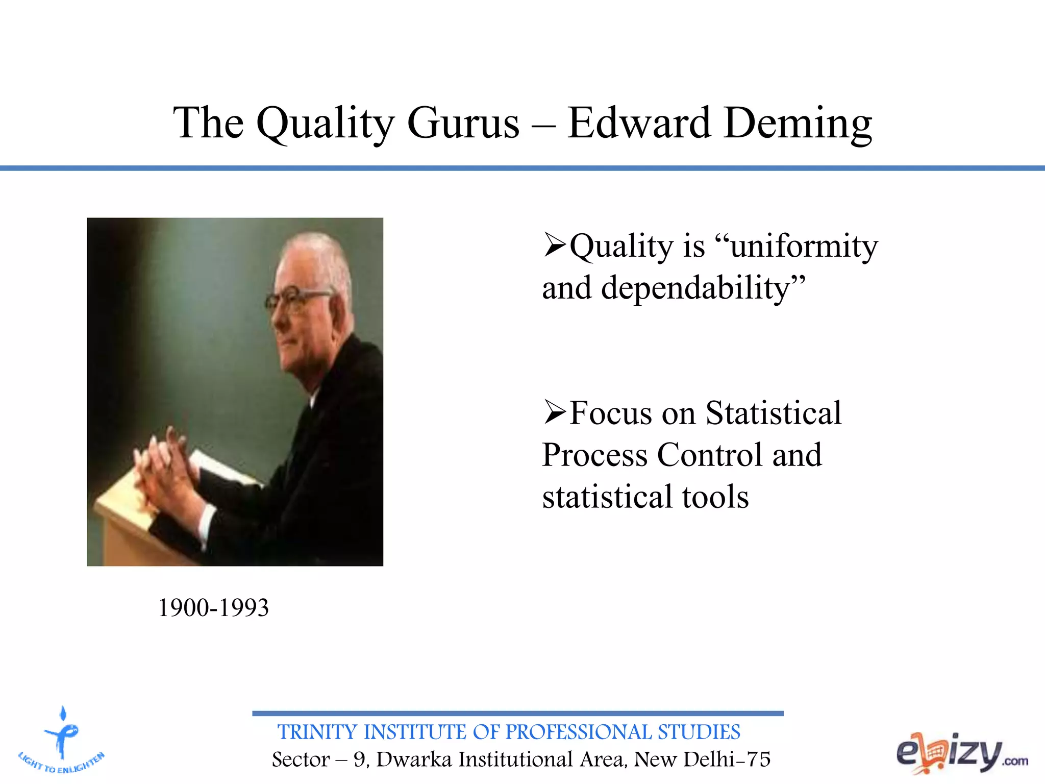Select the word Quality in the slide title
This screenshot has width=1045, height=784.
(x=325, y=124)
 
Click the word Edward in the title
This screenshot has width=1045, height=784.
(x=639, y=124)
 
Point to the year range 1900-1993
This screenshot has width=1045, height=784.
(x=213, y=607)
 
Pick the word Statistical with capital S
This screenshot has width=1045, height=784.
(x=774, y=412)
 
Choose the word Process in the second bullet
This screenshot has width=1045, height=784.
(x=594, y=455)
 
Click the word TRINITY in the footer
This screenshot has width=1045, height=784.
(x=317, y=732)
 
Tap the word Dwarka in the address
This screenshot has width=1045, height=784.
(x=414, y=759)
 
